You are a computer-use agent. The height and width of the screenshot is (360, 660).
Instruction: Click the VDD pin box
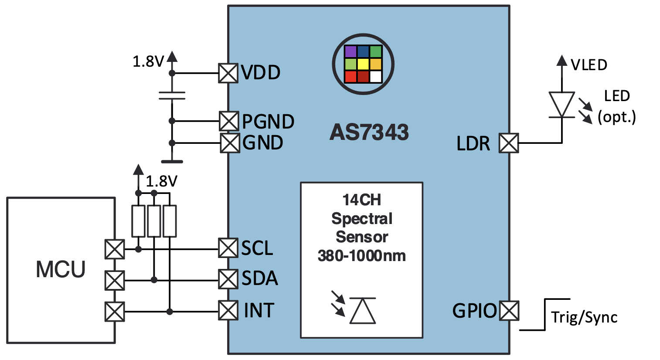(x=228, y=73)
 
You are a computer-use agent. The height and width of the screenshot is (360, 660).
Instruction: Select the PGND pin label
(x=268, y=122)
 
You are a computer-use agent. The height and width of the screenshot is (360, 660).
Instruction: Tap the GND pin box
(x=230, y=143)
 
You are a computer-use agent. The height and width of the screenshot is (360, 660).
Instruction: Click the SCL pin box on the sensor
(x=228, y=248)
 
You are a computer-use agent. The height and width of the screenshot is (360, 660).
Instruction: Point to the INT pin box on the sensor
(x=228, y=311)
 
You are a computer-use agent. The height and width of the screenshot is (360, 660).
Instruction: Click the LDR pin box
(x=509, y=143)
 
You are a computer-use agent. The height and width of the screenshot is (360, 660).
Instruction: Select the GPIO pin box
(x=509, y=311)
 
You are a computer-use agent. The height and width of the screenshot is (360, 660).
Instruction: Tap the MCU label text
(x=61, y=269)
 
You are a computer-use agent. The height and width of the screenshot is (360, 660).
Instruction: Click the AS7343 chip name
(x=369, y=132)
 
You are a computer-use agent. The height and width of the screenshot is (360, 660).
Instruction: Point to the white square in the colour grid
(x=376, y=77)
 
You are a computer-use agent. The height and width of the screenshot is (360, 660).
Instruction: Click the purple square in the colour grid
(x=350, y=52)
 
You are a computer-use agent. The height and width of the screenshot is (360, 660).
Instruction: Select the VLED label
(x=589, y=65)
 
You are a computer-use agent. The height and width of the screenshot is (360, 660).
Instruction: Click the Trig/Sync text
(x=584, y=317)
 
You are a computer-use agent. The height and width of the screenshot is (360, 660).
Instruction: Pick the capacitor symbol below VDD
(x=172, y=96)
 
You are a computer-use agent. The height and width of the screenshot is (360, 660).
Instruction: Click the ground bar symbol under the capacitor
(x=172, y=162)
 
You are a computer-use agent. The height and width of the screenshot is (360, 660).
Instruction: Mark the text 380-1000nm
(x=362, y=256)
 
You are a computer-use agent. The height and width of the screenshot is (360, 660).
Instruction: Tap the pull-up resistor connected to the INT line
(x=170, y=221)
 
